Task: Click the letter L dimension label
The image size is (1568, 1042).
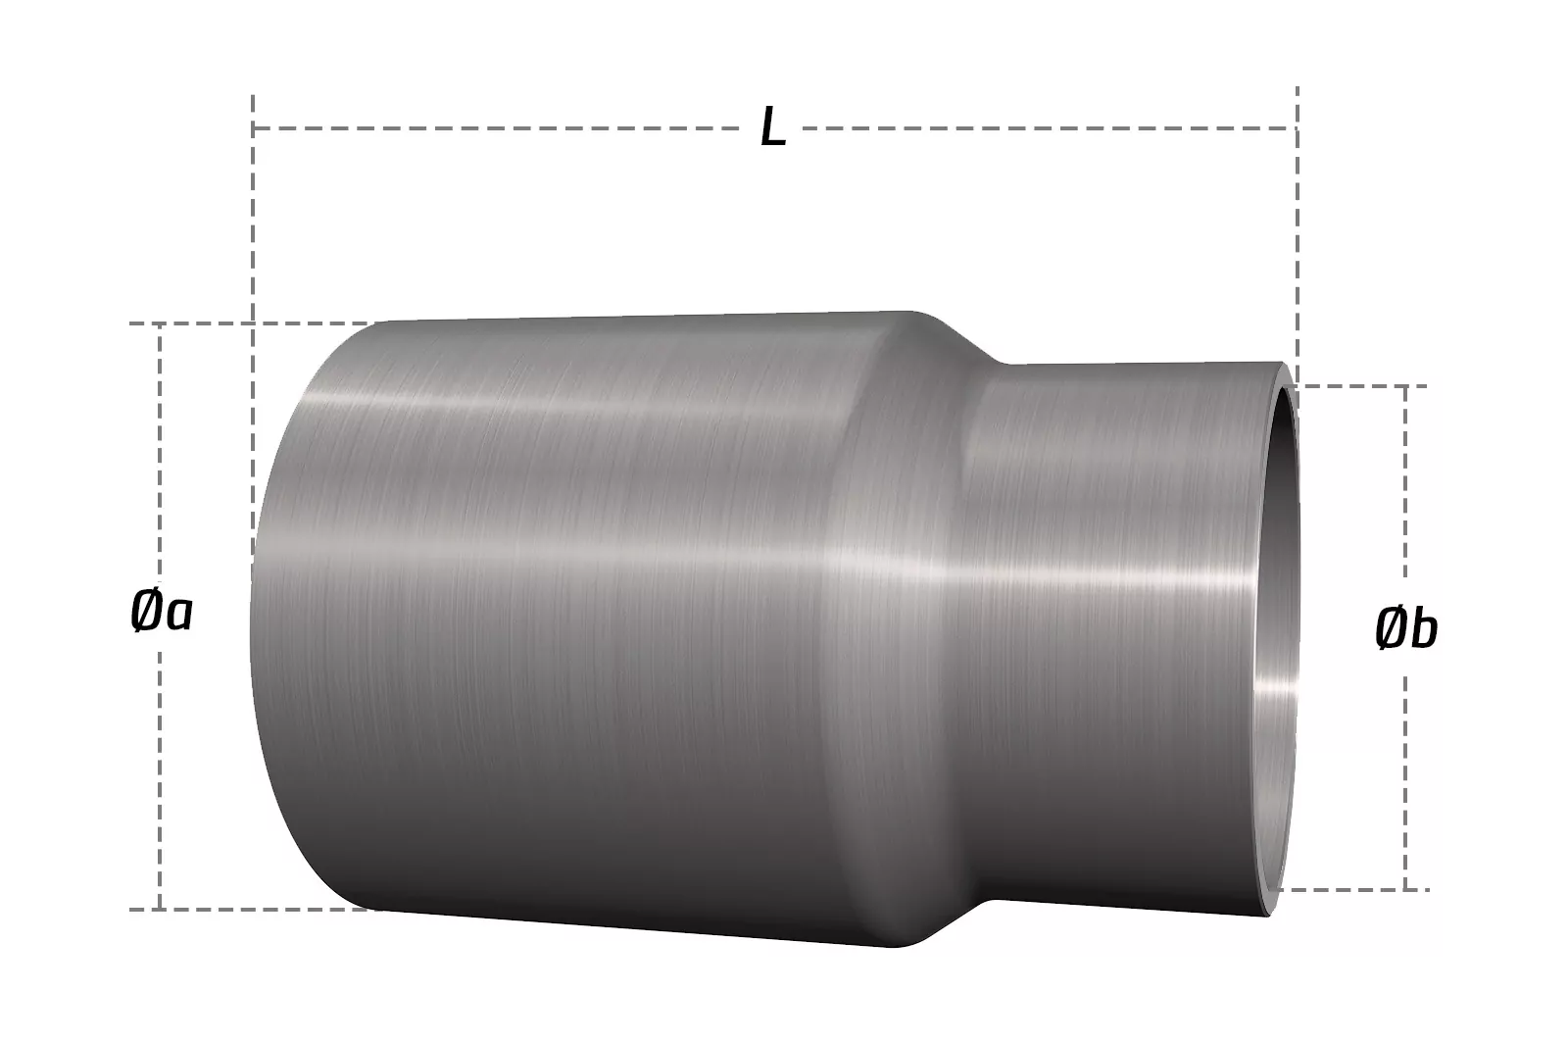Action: (x=773, y=128)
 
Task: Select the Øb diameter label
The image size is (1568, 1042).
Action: (x=1406, y=629)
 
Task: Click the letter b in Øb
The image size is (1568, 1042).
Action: (x=1423, y=629)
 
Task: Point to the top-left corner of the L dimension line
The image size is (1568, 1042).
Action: (x=254, y=128)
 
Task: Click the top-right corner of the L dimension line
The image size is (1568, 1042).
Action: (x=1298, y=128)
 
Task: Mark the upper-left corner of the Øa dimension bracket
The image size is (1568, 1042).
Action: (x=159, y=323)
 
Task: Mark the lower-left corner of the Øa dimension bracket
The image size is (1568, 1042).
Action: (x=159, y=910)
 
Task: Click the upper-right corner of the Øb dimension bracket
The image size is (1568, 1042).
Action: (x=1407, y=386)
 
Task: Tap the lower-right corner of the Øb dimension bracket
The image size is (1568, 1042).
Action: (x=1407, y=890)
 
